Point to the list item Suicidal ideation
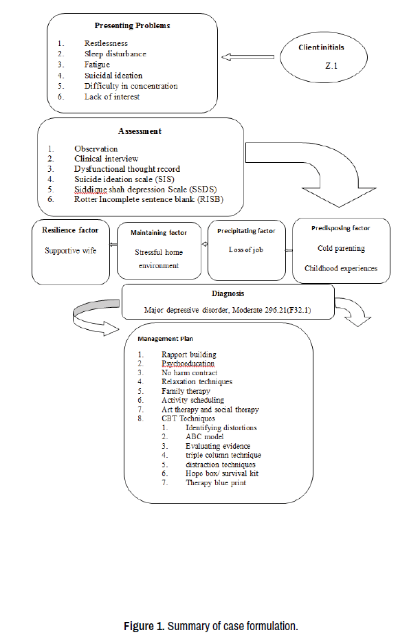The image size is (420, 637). click(113, 76)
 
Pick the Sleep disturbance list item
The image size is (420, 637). click(115, 54)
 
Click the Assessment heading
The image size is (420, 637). click(140, 131)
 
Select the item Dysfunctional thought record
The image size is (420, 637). click(127, 169)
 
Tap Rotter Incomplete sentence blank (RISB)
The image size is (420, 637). click(148, 199)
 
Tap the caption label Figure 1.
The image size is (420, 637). click(144, 626)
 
